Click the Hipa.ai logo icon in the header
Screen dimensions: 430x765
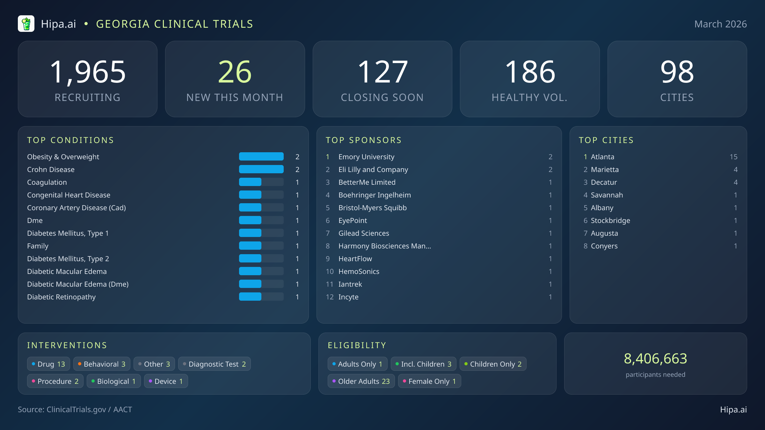[26, 24]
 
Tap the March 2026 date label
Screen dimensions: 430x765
[720, 24]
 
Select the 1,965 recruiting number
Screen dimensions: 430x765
[88, 72]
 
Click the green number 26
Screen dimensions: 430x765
[235, 72]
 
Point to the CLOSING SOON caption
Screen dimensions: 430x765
[382, 97]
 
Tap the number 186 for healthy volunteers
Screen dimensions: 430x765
[530, 72]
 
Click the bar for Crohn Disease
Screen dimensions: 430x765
[261, 169]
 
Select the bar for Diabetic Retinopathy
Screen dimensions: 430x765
[261, 297]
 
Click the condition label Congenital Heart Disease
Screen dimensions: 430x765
[69, 195]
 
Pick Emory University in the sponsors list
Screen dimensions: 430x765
[366, 157]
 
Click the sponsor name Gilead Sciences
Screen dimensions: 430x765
[364, 233]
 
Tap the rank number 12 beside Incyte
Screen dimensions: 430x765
[330, 297]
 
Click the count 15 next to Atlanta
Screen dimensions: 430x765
[733, 157]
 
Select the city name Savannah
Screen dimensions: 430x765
[607, 195]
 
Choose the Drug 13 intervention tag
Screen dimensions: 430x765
[48, 364]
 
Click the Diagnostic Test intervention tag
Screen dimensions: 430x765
[215, 364]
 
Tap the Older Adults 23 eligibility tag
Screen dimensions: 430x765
[361, 381]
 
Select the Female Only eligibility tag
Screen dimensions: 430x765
[429, 381]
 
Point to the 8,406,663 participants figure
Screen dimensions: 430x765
[655, 359]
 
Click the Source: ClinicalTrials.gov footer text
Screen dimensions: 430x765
[75, 410]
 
